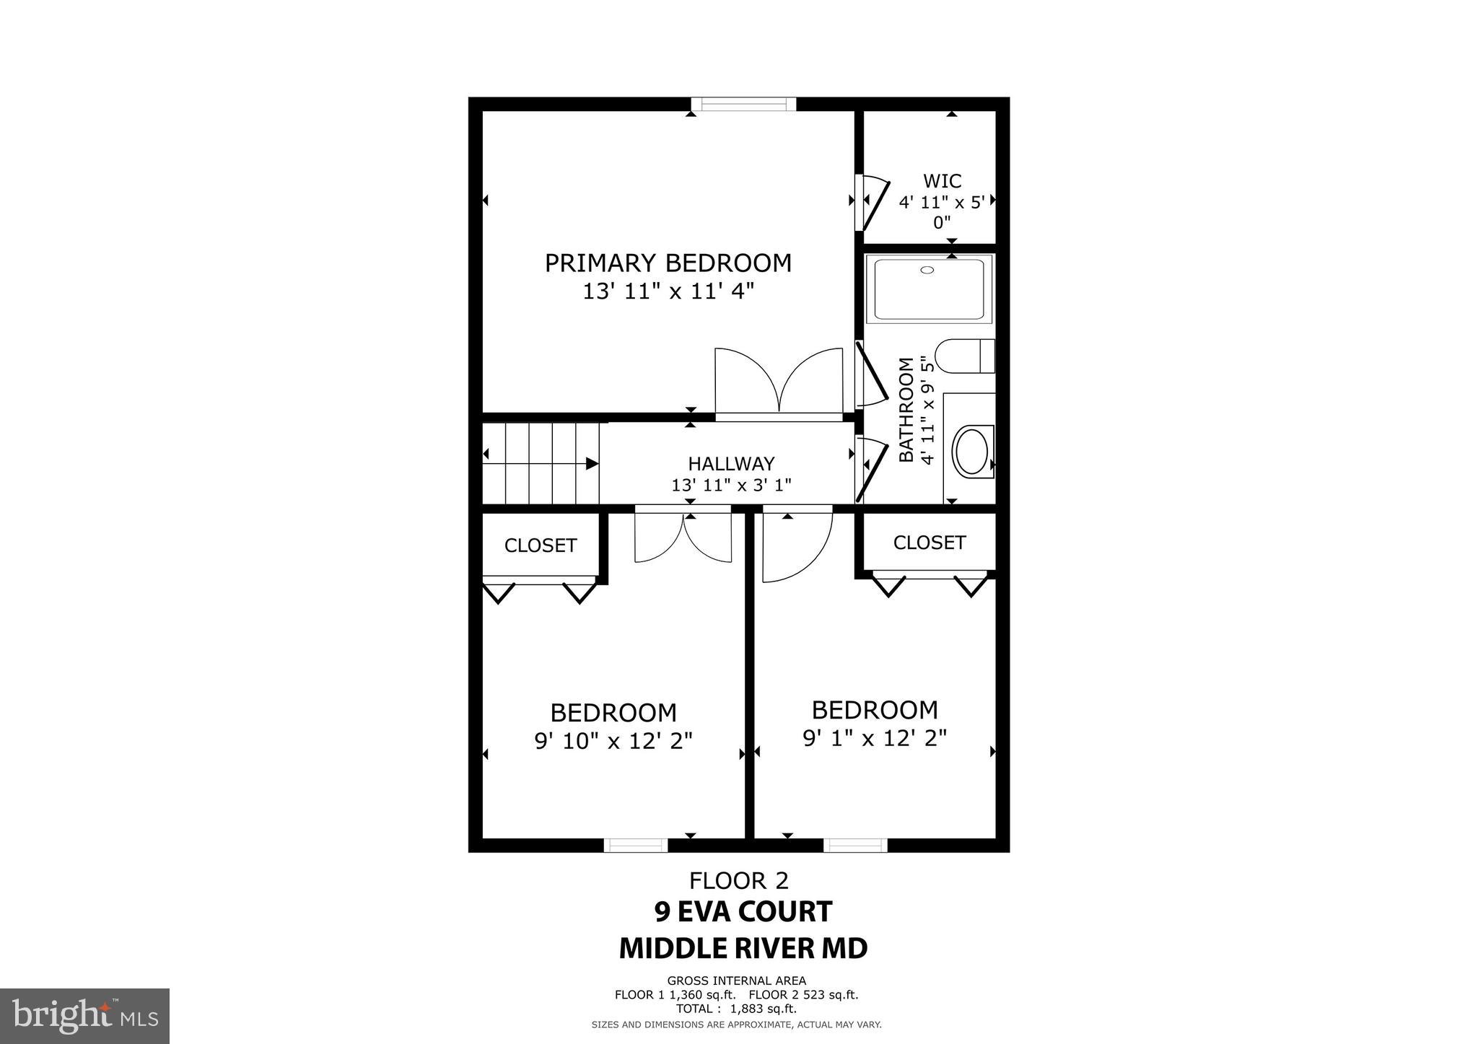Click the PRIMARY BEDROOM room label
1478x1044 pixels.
click(668, 263)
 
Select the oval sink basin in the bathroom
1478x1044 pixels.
click(972, 452)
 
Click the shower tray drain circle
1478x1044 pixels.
click(927, 270)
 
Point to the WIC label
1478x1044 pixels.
click(942, 180)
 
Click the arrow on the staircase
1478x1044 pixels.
click(590, 463)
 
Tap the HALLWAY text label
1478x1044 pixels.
click(730, 463)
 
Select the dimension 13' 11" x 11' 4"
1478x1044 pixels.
click(668, 291)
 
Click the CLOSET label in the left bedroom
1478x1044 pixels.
click(540, 545)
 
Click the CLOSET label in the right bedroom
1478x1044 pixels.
click(929, 543)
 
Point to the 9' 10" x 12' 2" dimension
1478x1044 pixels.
click(613, 741)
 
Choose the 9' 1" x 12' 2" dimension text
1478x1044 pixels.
click(874, 738)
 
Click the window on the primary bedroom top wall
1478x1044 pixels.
click(743, 105)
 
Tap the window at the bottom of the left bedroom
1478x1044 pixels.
click(635, 845)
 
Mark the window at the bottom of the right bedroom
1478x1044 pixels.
click(854, 845)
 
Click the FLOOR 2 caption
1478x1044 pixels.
click(738, 881)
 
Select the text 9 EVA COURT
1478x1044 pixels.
click(743, 912)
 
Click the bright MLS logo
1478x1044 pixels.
click(84, 1016)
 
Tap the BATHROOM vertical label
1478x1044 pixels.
click(906, 409)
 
